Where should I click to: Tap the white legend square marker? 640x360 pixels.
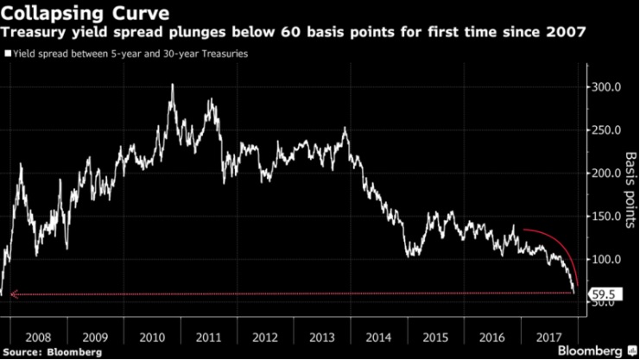pyautogui.click(x=8, y=54)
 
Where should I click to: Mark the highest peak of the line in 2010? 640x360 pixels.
pyautogui.click(x=172, y=85)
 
